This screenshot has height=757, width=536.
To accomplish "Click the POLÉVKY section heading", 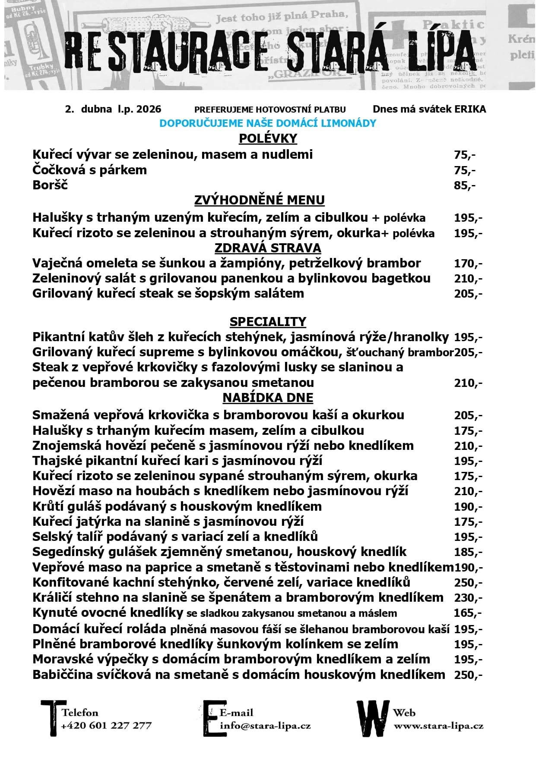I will click(x=268, y=138).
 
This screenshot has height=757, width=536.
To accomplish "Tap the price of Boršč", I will click(x=464, y=185).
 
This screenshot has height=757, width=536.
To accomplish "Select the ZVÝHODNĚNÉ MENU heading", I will click(x=259, y=200).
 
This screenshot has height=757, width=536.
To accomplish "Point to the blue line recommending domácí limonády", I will click(x=268, y=123).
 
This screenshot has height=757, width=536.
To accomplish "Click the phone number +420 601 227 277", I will click(x=106, y=726).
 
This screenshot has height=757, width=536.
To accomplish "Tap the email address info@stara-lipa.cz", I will click(x=265, y=726).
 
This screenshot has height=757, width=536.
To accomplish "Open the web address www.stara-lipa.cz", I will click(x=438, y=726).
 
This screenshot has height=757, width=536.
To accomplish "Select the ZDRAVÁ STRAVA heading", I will click(x=268, y=248).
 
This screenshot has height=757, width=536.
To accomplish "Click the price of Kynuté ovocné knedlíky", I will click(x=468, y=613).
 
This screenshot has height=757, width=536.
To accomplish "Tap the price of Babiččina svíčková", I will click(x=468, y=675).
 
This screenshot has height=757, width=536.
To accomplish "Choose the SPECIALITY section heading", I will click(x=268, y=322).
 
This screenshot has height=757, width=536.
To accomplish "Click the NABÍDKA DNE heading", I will click(x=268, y=398).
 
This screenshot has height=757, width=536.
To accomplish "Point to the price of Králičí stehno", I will click(x=468, y=598).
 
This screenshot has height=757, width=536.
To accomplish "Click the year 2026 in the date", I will click(x=149, y=109).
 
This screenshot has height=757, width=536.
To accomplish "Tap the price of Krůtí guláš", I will click(x=468, y=507).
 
